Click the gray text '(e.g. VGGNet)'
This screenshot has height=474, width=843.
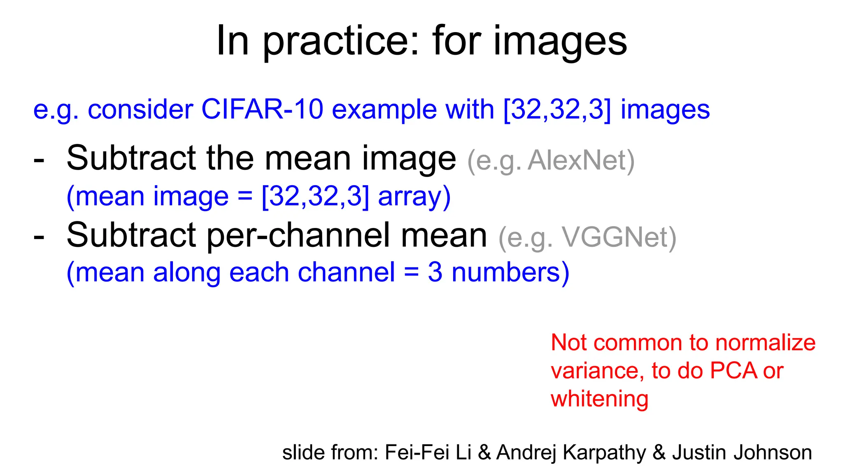coord(587,237)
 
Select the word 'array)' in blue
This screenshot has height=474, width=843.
coord(414,197)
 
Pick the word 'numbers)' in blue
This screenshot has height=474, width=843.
coord(510,272)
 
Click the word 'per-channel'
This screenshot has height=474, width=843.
coord(299,236)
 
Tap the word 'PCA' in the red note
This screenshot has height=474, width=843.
coord(734,371)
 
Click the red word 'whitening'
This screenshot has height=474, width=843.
coord(599,399)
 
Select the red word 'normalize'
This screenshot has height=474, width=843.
coord(765,343)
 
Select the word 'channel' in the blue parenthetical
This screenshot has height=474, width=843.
coord(346,272)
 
